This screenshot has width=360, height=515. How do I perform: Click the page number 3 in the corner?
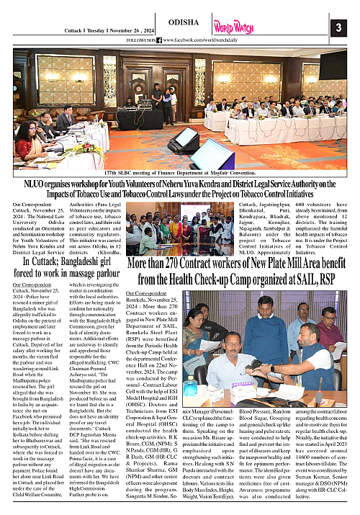[x=336, y=27]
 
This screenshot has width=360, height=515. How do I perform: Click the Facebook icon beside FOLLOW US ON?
[x=159, y=40]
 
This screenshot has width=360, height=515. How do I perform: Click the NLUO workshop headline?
[x=179, y=191]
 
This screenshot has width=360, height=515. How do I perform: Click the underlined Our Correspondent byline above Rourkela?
[x=147, y=294]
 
